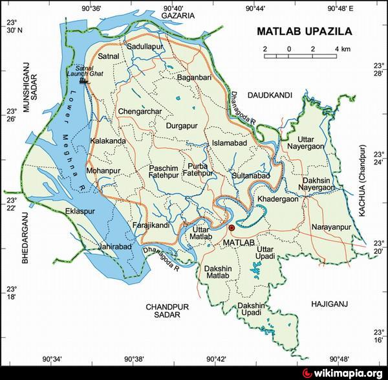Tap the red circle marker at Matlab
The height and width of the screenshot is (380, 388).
coord(232,229)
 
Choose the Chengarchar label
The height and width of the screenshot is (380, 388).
coord(140,111)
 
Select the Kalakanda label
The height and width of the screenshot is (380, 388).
coord(108,140)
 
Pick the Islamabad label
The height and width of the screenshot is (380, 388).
coord(226,143)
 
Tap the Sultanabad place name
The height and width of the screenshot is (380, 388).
coord(250,175)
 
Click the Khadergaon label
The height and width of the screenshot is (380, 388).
coord(278,199)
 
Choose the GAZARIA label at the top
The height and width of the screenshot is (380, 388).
coord(178,14)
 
